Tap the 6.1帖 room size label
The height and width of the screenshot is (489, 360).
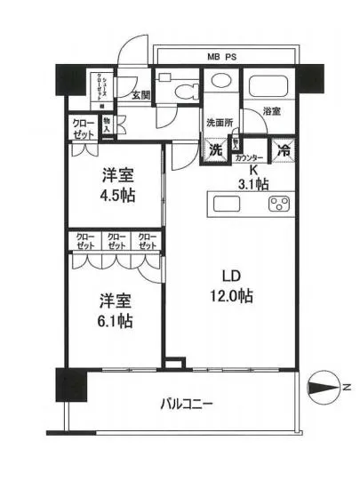[x=116, y=322]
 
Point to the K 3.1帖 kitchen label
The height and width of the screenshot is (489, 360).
[x=253, y=178]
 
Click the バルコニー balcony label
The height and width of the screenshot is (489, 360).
[x=186, y=405]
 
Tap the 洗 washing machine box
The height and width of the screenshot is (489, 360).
[x=216, y=150]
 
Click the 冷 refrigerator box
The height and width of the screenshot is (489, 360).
[x=282, y=150]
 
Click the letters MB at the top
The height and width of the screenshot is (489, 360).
[x=214, y=57]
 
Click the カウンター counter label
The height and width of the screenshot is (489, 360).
[x=249, y=158]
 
